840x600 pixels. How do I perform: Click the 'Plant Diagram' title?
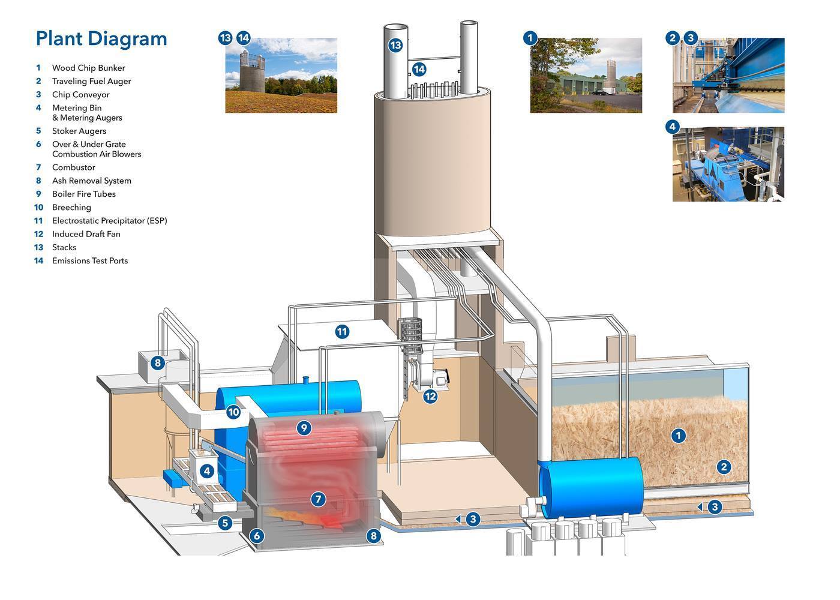tap(101, 38)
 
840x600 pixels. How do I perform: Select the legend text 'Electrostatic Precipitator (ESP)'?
tap(109, 221)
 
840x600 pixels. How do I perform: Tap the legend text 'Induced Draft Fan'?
tap(86, 234)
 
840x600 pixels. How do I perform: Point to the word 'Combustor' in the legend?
tap(73, 167)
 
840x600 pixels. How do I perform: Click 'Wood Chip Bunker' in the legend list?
tap(88, 68)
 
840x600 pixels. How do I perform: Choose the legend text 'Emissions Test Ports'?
tap(89, 260)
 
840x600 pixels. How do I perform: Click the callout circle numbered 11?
tap(342, 332)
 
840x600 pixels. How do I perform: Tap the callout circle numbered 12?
tap(430, 397)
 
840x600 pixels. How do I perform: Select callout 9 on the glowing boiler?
tap(304, 428)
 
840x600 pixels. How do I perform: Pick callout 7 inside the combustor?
tap(319, 499)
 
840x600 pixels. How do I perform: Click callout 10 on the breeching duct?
tap(233, 412)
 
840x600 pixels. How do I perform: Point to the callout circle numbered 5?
tap(225, 523)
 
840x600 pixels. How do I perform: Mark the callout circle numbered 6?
tap(257, 536)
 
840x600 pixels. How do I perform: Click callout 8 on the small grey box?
tap(157, 363)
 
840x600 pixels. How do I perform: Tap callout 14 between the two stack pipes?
tap(419, 69)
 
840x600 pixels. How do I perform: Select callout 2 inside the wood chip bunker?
tap(724, 467)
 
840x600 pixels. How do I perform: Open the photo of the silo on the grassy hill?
tap(281, 76)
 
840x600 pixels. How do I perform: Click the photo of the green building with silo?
tap(586, 76)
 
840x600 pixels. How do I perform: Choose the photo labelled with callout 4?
tap(728, 164)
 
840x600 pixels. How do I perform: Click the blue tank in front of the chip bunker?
tap(591, 486)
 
